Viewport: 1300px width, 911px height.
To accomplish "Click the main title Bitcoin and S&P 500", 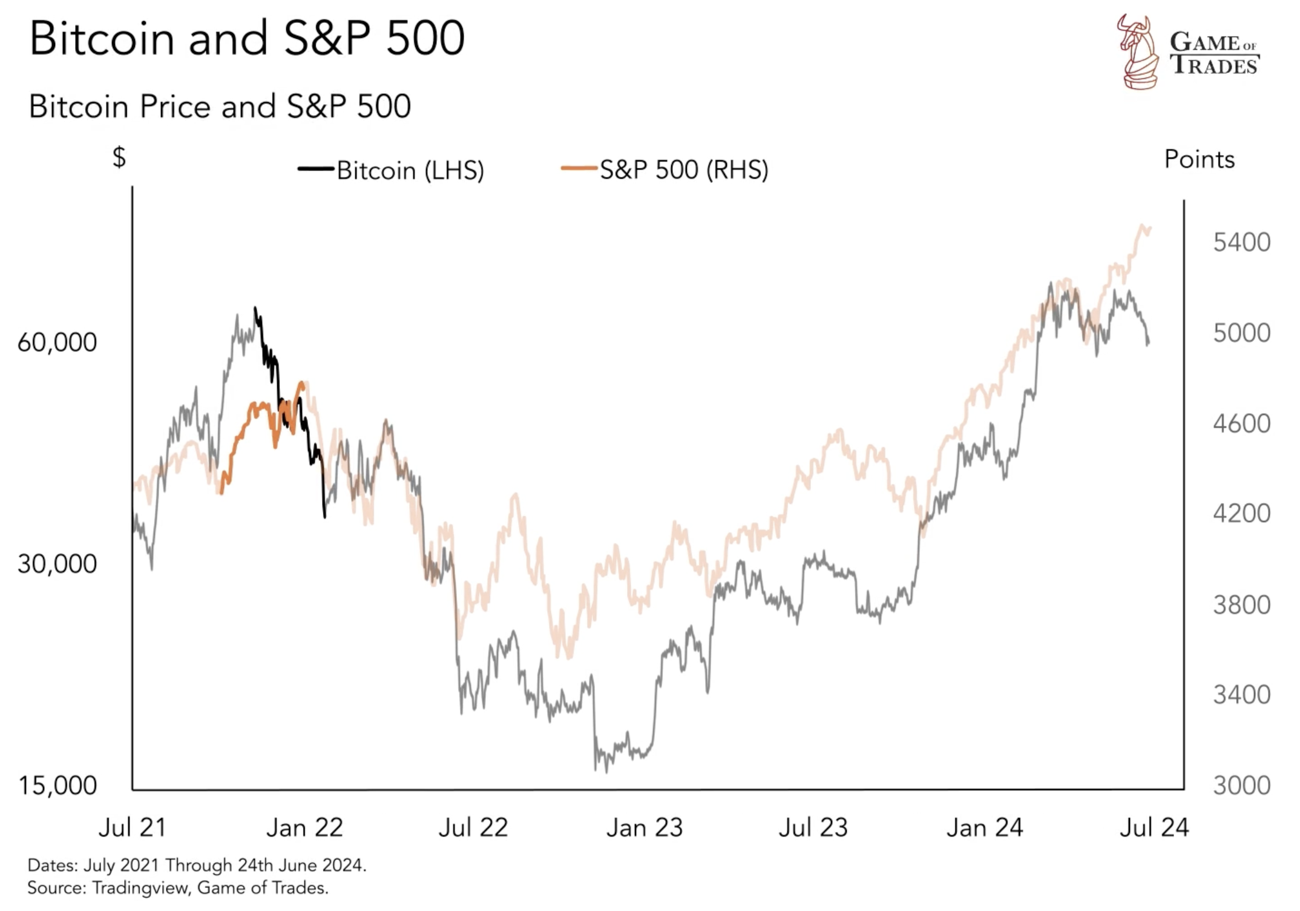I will pos(247,39).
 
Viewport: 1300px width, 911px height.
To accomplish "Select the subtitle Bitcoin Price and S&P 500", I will pos(220,107).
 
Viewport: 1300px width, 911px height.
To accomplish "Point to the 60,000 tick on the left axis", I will pos(57,343).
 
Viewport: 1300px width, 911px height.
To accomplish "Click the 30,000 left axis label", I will pos(57,564).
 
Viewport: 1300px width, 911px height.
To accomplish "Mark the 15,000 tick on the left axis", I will pos(57,786).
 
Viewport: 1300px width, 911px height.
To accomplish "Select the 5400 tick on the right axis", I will pos(1241,242).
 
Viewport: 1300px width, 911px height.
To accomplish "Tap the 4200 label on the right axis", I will pos(1241,514).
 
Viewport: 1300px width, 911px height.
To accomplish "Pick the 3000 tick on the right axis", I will pos(1241,786).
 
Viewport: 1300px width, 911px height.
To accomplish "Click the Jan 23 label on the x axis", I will pos(645,827).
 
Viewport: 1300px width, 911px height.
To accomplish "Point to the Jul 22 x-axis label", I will pos(473,827).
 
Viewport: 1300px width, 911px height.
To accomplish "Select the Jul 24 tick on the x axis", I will pos(1154,827).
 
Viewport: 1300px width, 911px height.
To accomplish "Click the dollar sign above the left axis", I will pos(119,157).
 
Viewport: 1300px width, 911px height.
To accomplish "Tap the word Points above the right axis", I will pos(1199,159).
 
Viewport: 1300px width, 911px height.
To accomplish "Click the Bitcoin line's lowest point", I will pos(607,772).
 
